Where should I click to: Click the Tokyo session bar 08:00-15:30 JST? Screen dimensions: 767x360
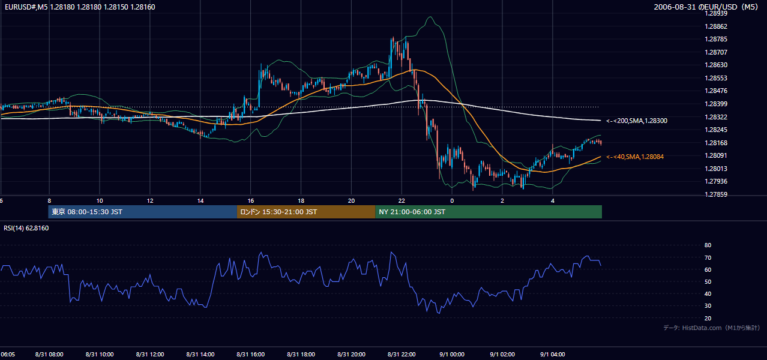pos(142,212)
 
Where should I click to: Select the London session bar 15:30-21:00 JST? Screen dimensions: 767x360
pos(306,212)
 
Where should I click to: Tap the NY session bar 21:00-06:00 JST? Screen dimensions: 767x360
pos(489,212)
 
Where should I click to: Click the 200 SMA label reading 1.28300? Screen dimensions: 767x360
pos(637,121)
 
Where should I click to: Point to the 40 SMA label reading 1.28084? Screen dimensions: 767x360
pos(635,157)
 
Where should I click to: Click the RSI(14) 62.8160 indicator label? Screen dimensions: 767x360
pos(26,228)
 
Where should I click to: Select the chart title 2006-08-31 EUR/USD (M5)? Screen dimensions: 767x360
pos(706,7)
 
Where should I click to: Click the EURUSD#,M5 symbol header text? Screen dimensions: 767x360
pos(26,7)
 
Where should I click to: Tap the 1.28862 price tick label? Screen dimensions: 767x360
pos(716,26)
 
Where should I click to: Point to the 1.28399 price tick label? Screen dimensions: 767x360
pos(716,104)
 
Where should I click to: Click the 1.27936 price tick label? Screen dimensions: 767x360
pos(716,181)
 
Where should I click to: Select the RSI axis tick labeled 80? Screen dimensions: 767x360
pos(708,245)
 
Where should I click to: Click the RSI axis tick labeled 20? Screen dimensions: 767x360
pos(708,318)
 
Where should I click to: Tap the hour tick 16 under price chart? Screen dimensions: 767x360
pos(251,201)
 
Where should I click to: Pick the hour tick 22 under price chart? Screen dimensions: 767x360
pos(402,201)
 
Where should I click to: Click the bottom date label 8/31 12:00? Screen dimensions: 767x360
pos(150,355)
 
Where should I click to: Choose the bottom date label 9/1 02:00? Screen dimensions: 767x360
pos(502,355)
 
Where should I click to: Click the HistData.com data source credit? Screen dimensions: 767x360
pos(712,328)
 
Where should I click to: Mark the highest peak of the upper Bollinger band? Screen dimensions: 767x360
pos(430,17)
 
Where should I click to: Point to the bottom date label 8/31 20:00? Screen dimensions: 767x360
pos(351,355)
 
